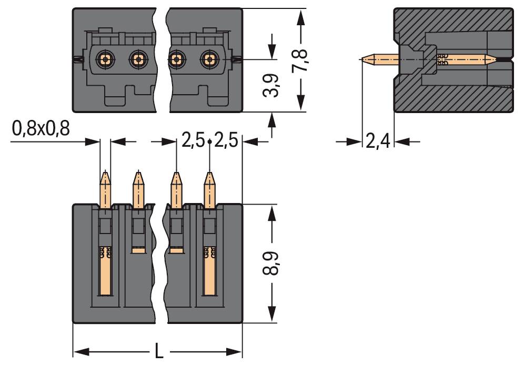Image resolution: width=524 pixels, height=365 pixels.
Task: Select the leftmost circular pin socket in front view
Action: click(x=106, y=59)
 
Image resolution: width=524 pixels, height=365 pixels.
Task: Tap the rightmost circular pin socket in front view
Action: click(x=209, y=59)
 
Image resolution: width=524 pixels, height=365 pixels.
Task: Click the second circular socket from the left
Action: click(x=138, y=59)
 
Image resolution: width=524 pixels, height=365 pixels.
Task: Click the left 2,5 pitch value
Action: click(x=193, y=141)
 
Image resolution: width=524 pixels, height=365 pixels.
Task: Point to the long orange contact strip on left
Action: click(x=105, y=273)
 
